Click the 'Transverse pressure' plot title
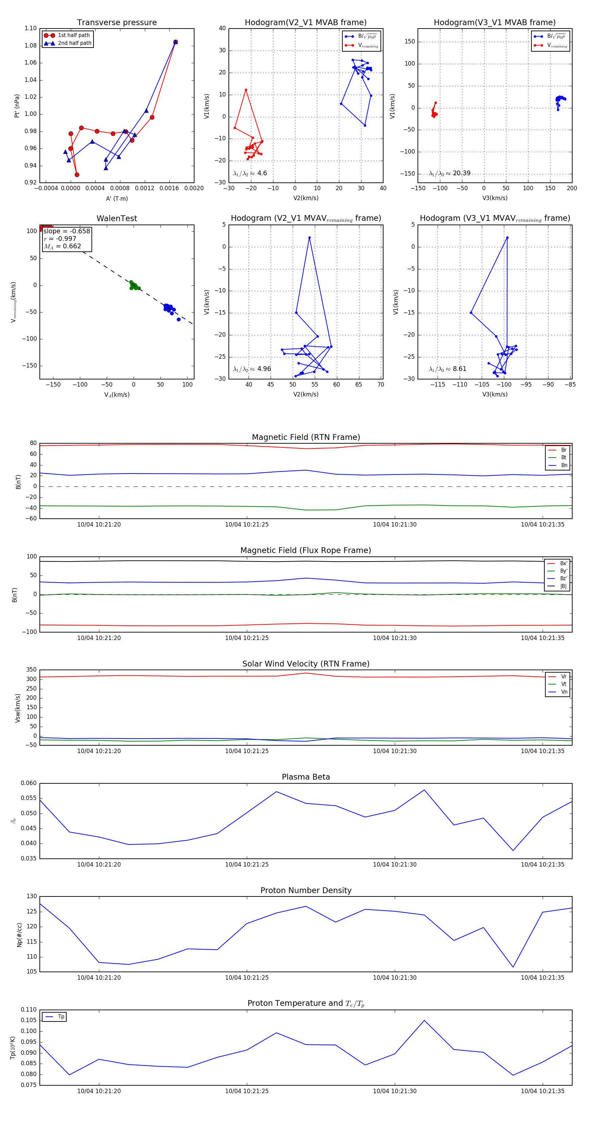tap(117, 23)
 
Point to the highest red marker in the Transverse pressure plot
tap(175, 42)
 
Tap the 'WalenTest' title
tap(117, 218)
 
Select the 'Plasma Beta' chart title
tap(306, 777)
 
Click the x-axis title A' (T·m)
tap(117, 198)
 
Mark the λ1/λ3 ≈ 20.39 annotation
tap(449, 173)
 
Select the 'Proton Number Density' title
tap(306, 890)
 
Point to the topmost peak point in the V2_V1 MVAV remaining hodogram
tap(309, 237)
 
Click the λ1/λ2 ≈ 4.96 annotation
tap(252, 369)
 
